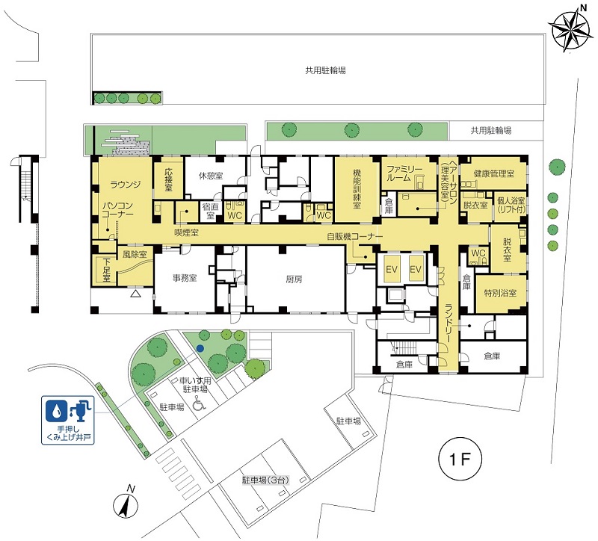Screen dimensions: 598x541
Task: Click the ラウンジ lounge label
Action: [126, 185]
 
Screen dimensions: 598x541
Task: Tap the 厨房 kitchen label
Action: [294, 279]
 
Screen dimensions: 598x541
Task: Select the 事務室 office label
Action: [185, 278]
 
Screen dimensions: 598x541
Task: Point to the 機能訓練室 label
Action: [357, 188]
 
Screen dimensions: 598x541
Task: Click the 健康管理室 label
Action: [494, 174]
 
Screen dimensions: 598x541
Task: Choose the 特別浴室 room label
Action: [500, 293]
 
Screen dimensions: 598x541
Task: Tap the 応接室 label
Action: [169, 180]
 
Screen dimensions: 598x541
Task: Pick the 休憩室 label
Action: [211, 176]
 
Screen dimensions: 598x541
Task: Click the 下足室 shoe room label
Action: [106, 270]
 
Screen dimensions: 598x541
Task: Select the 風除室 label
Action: [135, 254]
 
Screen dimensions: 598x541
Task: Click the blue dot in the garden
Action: [200, 347]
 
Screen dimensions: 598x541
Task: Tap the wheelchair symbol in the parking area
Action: [198, 403]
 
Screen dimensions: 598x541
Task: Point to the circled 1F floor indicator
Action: [460, 460]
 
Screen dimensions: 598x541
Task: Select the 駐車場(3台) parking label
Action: [266, 480]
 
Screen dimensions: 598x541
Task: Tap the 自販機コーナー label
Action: [354, 237]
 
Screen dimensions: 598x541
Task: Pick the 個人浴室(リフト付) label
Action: [511, 205]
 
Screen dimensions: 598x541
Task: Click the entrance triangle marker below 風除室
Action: [135, 293]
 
